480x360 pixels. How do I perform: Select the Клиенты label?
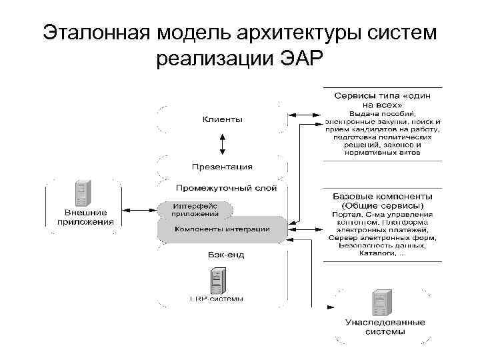coord(223,119)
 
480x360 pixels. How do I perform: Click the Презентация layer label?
coord(222,167)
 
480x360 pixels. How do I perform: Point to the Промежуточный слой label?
coord(226,188)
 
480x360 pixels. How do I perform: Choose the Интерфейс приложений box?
coord(195,209)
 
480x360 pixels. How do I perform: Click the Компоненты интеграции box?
coord(223,229)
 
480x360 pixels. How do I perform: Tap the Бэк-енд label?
coord(222,254)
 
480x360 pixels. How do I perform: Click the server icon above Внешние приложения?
coord(83,194)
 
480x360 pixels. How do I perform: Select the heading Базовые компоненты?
coord(382,197)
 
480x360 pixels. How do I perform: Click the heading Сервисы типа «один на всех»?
coord(382,101)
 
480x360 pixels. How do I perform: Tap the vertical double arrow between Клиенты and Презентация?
coord(223,143)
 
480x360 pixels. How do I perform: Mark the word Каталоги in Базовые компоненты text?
coord(377,253)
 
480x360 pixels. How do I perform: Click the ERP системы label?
coord(217,299)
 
